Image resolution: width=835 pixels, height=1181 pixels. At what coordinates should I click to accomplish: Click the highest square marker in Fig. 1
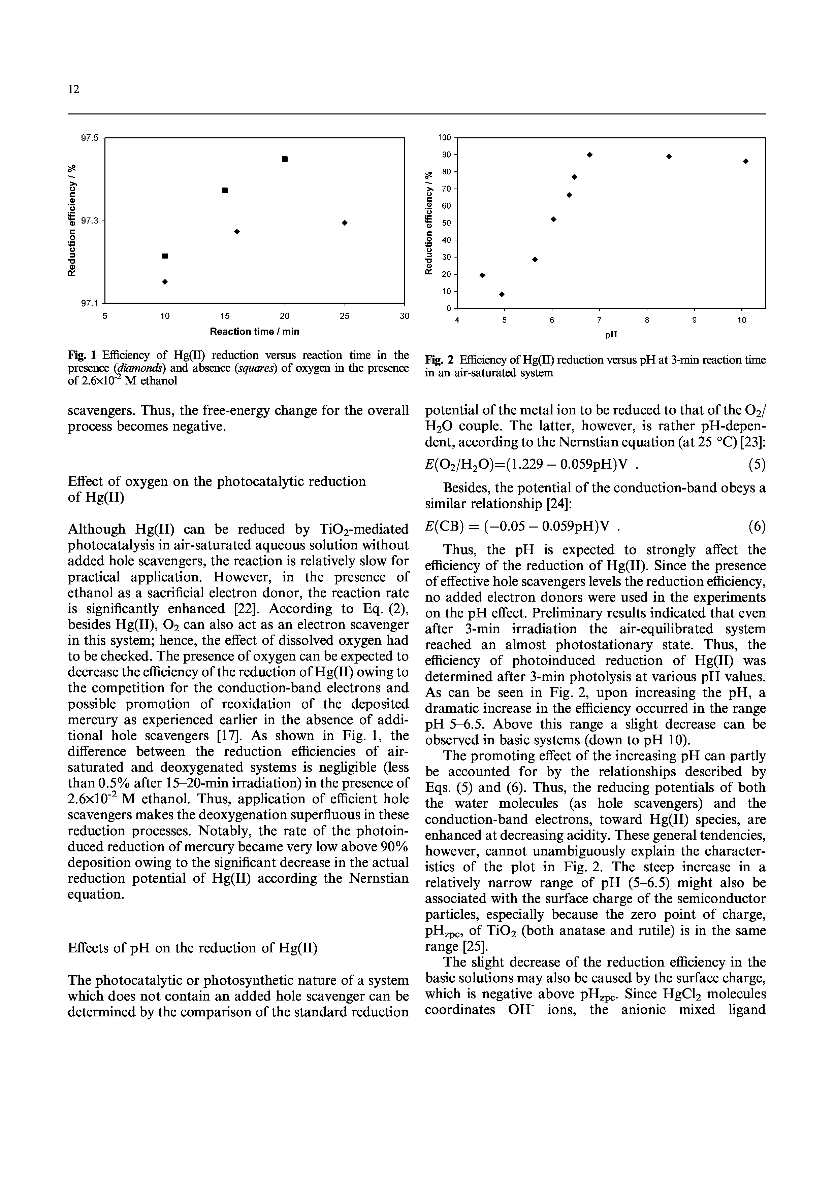[x=285, y=159]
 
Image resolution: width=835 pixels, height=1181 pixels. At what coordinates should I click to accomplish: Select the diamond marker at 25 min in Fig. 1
[x=345, y=222]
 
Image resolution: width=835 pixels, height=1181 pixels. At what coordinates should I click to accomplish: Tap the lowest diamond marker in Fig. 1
[x=165, y=282]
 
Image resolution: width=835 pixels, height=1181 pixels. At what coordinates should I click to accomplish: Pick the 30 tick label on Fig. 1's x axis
[x=405, y=316]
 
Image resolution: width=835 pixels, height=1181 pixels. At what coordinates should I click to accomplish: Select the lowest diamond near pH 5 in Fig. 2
[x=502, y=294]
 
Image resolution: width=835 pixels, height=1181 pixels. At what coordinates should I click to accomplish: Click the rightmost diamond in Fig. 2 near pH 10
[x=745, y=162]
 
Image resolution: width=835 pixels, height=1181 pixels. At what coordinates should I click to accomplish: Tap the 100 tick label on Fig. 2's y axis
[x=444, y=138]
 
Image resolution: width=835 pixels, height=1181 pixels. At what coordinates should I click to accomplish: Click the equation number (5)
[x=757, y=466]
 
